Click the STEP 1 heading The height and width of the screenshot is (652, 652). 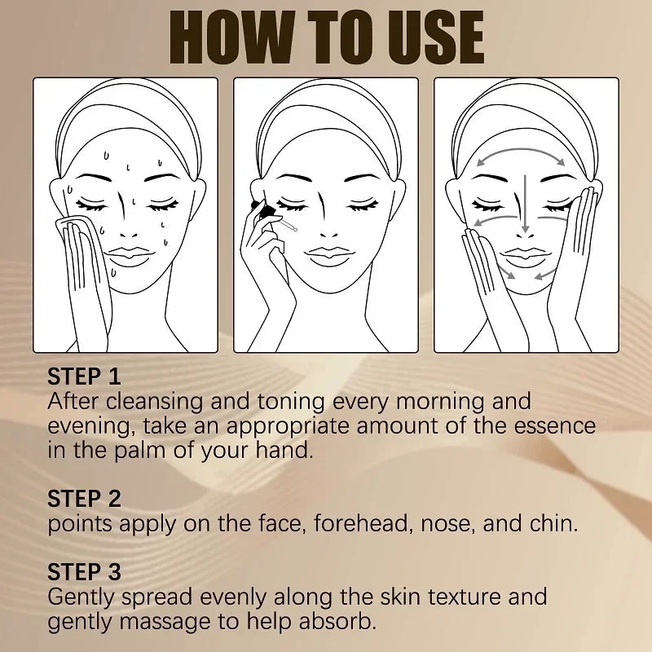(x=84, y=377)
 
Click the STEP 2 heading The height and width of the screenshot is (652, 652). (x=84, y=498)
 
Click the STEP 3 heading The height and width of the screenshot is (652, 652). (x=84, y=571)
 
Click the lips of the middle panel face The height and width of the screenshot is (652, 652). (x=326, y=254)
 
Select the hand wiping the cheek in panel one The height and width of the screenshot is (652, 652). (x=81, y=261)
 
